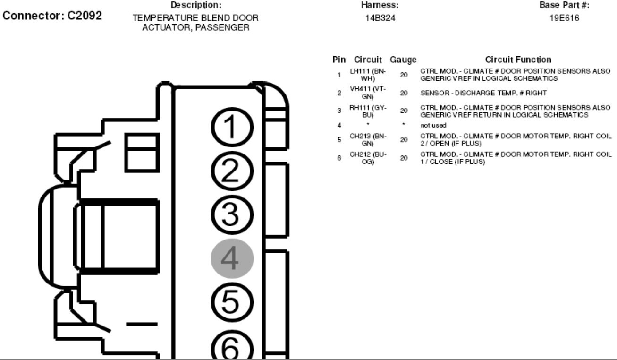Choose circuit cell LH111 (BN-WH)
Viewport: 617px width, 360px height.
coord(368,74)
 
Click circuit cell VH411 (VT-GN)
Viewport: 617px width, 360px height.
coord(368,94)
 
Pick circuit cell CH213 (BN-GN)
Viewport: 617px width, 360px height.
coord(368,140)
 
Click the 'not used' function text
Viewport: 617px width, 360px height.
coord(431,125)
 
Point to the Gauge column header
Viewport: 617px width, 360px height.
coord(403,60)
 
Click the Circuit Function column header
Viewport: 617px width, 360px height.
coord(518,60)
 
